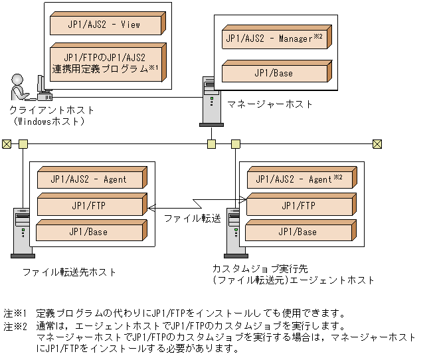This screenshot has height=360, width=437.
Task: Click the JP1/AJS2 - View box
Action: point(105,25)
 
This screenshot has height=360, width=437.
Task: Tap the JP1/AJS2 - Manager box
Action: point(274,39)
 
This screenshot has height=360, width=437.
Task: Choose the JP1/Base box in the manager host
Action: point(274,72)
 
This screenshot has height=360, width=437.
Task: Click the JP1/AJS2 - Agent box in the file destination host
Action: point(89,179)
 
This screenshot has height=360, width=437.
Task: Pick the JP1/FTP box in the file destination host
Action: point(89,205)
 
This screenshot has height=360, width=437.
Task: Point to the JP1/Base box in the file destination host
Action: point(89,232)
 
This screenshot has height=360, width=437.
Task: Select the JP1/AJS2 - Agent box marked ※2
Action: point(298,179)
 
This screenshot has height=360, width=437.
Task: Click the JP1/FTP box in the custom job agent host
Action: point(298,205)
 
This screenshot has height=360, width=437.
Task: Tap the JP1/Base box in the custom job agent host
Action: point(298,232)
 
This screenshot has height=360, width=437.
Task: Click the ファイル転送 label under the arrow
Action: point(193,219)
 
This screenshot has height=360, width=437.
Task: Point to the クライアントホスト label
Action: point(52,110)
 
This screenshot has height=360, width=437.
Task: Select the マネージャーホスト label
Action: point(270,104)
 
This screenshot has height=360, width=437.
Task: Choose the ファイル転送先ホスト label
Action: point(69,272)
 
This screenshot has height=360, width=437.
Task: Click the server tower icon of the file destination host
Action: point(21,232)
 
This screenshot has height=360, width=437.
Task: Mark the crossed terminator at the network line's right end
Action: point(377,143)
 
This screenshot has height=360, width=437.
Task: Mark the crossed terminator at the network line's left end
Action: point(7,143)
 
